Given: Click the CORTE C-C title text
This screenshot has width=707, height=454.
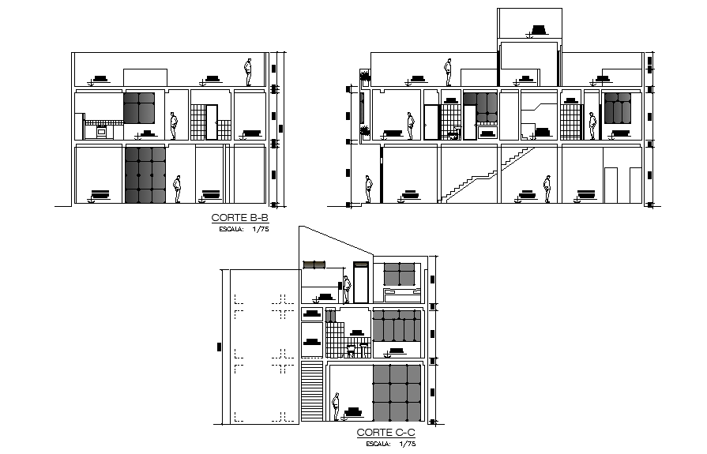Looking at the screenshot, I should (386, 433).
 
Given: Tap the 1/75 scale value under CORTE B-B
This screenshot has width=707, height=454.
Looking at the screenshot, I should (261, 230).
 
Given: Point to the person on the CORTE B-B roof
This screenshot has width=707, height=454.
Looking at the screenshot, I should (249, 72).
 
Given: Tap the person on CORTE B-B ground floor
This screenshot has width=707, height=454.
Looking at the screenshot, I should (178, 189).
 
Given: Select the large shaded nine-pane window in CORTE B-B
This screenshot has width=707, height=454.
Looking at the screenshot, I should (145, 174).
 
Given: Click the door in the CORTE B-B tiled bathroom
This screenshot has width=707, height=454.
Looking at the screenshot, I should (197, 122).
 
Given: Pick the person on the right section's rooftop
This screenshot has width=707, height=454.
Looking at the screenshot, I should (449, 71).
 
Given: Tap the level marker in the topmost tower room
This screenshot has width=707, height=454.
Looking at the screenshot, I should (539, 31).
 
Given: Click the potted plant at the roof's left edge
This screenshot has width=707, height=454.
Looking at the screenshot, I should (365, 77).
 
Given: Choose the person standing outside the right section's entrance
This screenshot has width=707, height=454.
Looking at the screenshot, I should (369, 190).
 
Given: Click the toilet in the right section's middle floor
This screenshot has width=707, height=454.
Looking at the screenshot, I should (453, 135).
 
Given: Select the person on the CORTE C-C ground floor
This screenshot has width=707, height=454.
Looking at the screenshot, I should (336, 407).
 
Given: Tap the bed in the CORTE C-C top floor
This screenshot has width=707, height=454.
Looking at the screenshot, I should (402, 295).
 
